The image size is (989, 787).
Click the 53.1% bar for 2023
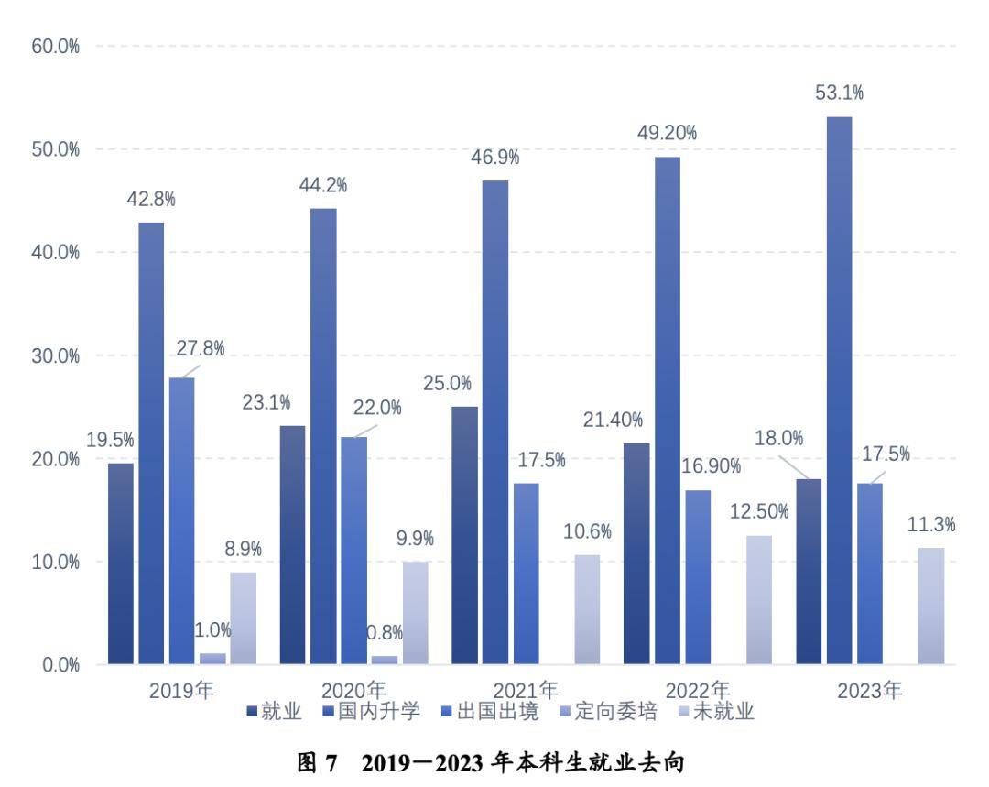(839, 389)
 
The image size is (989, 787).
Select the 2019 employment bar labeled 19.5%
(121, 563)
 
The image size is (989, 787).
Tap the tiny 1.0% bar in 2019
(212, 658)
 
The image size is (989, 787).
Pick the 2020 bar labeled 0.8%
(385, 660)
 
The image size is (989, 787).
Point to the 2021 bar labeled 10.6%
(587, 608)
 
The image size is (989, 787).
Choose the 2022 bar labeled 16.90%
(698, 576)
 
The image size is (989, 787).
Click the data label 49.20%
(667, 133)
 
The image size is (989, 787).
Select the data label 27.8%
(201, 349)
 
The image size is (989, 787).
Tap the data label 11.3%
(932, 525)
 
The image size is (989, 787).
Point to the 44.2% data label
(323, 185)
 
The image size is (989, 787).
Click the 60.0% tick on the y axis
(56, 46)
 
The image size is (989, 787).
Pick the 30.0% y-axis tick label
(56, 355)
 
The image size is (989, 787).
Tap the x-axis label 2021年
(526, 690)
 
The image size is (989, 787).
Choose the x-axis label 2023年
(870, 690)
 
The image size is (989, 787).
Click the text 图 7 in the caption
(319, 762)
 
